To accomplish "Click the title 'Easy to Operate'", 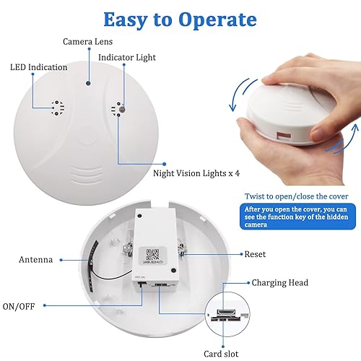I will coord(179,19).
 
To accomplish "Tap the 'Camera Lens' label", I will coord(89,42).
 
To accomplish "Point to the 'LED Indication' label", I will coord(38,67).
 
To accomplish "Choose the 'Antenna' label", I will coord(34,258).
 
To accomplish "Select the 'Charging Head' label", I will coord(279,284).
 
